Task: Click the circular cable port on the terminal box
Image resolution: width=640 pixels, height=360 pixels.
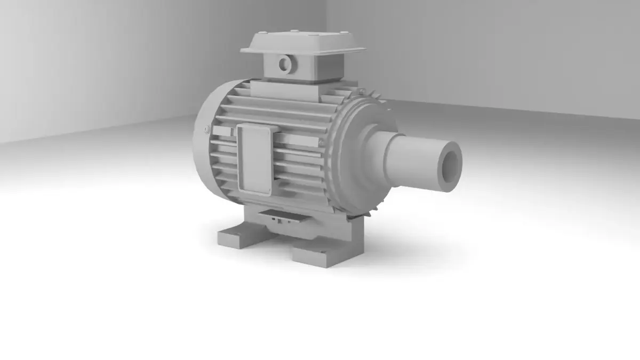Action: click(284, 65)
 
